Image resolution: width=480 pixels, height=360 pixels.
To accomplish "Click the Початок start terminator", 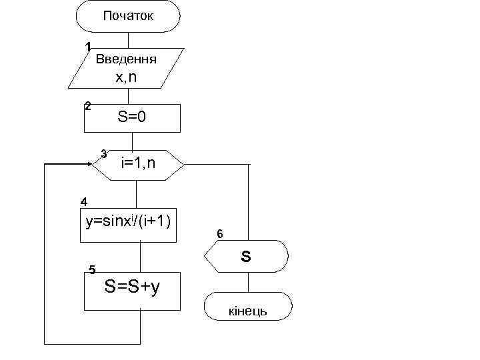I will point(128,17).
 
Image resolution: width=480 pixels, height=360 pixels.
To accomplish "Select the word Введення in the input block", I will point(126,59).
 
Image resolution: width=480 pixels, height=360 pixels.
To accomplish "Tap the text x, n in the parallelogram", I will point(126,77).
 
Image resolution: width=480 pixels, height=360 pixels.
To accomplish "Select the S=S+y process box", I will point(132,290).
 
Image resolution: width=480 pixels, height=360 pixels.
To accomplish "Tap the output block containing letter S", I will point(247,256).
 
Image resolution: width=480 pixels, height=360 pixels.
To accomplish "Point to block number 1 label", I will point(87,47).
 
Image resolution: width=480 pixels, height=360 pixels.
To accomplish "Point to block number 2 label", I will point(87,105).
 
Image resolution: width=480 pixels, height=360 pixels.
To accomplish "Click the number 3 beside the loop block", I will point(104,154).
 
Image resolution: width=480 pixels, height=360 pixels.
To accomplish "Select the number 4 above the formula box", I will point(83,201).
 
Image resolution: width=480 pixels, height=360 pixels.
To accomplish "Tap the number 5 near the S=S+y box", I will point(92,269).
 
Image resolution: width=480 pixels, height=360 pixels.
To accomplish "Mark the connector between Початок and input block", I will point(128,40).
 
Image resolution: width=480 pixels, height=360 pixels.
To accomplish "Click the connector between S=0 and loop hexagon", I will point(135,141).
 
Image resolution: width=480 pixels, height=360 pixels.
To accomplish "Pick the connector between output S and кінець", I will point(247,282).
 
